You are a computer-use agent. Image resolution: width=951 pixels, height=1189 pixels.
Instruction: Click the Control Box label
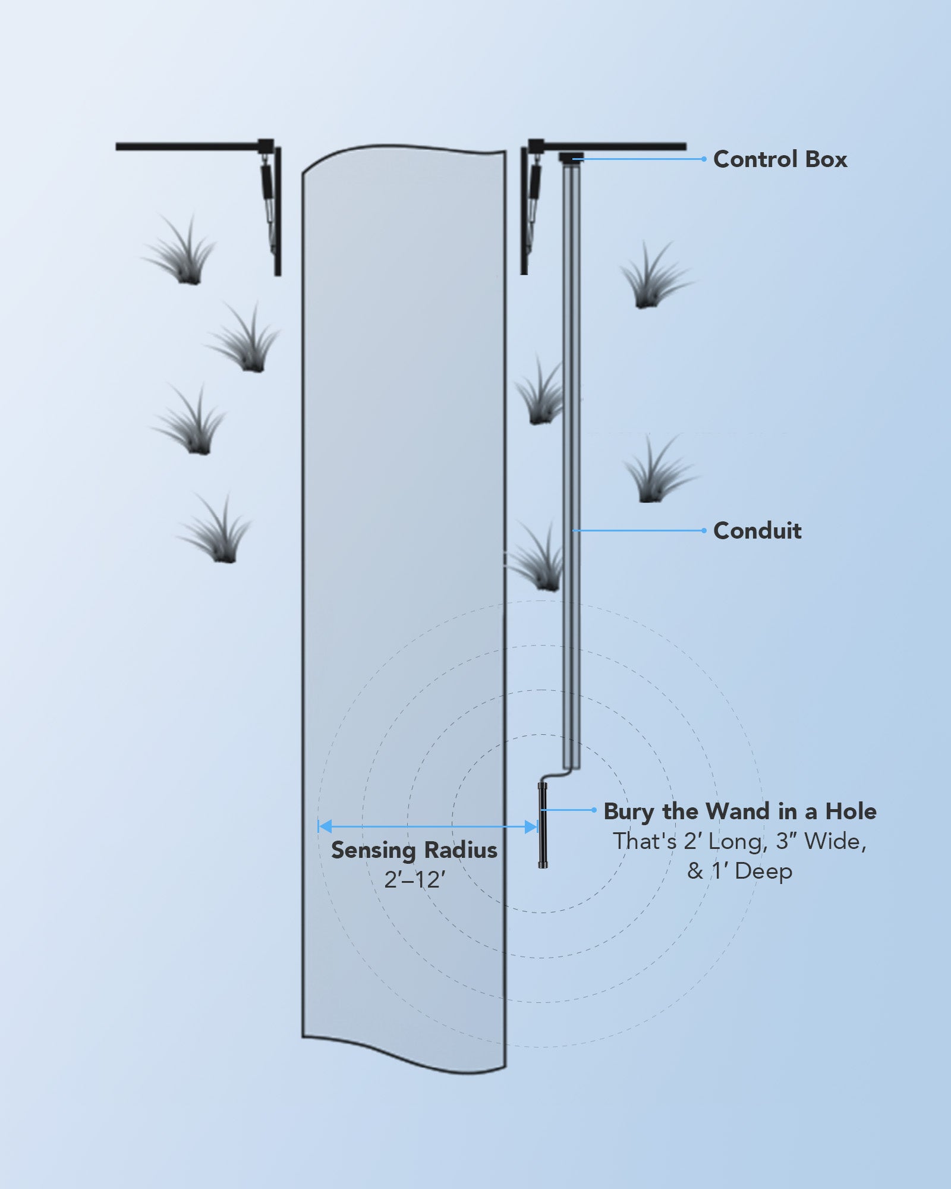(780, 159)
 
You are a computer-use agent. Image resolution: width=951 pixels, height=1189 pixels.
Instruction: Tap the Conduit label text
(757, 530)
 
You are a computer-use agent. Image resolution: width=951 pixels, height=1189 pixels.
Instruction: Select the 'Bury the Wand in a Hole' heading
(740, 811)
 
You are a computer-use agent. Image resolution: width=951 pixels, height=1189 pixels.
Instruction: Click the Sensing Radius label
(414, 850)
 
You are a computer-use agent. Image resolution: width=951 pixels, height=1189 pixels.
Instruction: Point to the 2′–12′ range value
(414, 879)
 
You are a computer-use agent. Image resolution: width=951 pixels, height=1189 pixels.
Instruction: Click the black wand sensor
(543, 826)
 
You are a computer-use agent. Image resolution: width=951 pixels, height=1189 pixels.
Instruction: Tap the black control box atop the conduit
(571, 157)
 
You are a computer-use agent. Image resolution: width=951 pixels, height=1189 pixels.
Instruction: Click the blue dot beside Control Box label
(704, 159)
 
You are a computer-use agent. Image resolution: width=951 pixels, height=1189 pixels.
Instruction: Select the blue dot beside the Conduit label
(704, 530)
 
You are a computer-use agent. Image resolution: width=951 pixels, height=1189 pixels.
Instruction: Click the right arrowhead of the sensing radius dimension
(531, 826)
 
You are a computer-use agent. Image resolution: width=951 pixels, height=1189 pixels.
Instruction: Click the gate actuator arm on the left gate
(267, 184)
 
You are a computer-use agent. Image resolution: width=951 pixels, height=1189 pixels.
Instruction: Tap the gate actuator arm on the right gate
(534, 184)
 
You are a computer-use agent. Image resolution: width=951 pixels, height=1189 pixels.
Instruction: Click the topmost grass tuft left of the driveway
(181, 253)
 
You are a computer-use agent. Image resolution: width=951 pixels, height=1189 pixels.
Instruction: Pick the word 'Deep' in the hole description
(763, 872)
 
